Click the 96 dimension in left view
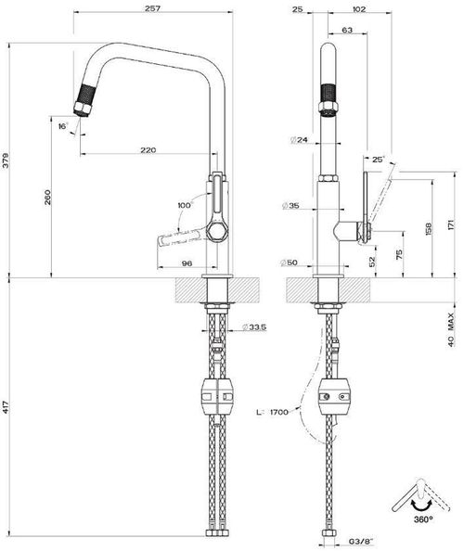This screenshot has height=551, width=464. tap(186, 263)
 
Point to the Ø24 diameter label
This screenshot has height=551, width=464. tap(299, 140)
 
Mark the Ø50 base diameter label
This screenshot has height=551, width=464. tap(293, 263)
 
